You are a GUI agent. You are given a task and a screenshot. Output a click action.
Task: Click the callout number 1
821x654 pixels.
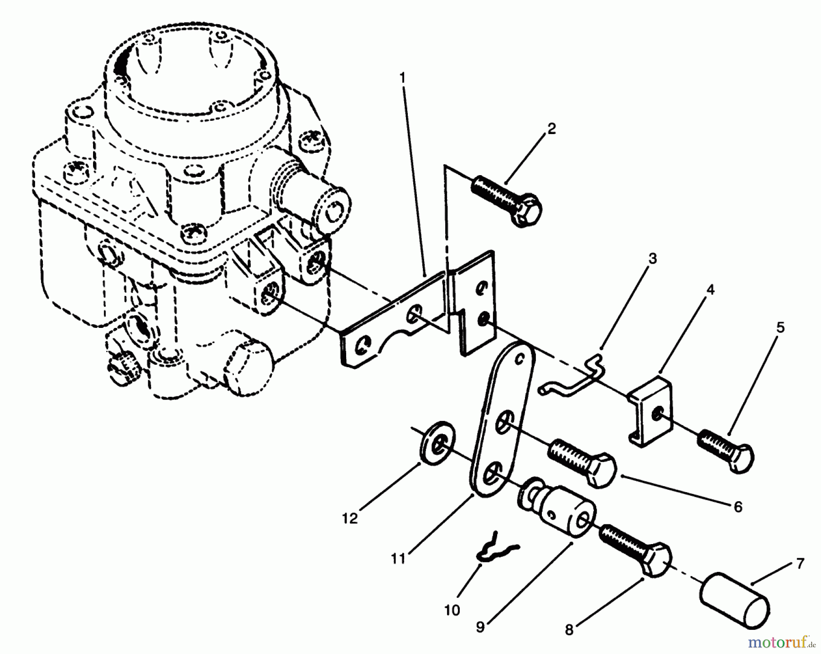click(x=402, y=78)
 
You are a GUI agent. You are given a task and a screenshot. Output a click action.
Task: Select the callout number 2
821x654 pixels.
click(x=551, y=129)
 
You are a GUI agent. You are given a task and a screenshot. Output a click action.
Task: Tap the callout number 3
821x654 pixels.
click(x=653, y=259)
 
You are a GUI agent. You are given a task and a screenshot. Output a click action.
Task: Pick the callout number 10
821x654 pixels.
click(x=452, y=610)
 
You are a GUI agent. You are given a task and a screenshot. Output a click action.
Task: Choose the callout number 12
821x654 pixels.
click(x=350, y=519)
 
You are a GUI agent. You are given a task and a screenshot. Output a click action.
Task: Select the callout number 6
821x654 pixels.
click(x=738, y=506)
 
